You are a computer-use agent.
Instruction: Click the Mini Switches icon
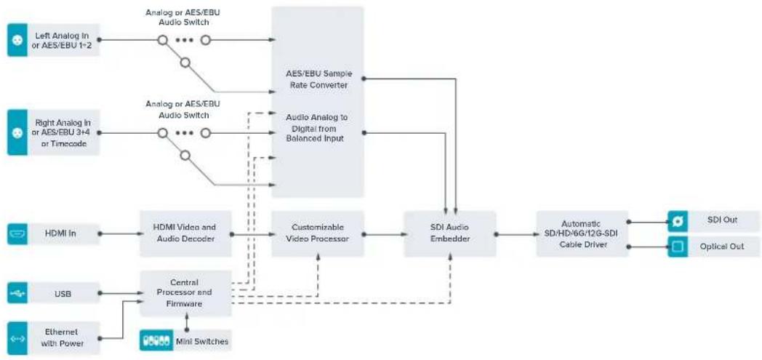coord(156,341)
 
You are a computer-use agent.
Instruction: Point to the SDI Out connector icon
coord(678,221)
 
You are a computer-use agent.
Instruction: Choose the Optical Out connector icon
coord(678,247)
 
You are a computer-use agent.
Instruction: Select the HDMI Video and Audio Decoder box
coord(185,233)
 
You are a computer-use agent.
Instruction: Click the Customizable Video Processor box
coord(318,233)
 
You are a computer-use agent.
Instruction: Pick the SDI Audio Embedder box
coord(450,233)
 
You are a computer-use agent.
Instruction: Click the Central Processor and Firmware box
coord(185,293)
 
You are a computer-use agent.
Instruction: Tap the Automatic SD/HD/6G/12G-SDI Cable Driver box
coord(582,233)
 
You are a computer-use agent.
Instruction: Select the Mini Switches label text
coord(201,342)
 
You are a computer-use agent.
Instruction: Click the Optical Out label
coord(722,247)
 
